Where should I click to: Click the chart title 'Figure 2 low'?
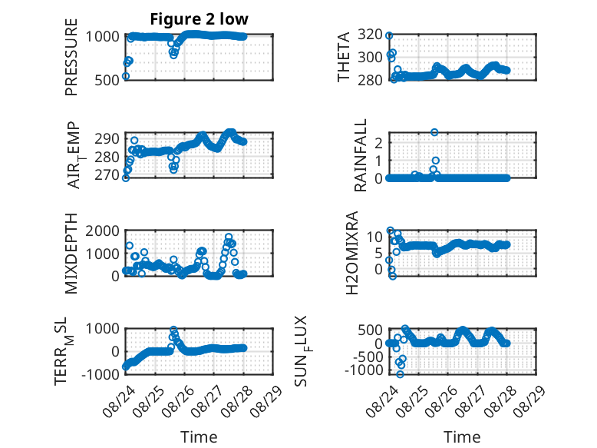click(x=199, y=19)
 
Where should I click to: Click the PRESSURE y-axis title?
click(x=71, y=57)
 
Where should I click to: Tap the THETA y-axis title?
click(x=344, y=57)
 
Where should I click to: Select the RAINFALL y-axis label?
click(x=360, y=154)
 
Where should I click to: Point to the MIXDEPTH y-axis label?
click(x=71, y=254)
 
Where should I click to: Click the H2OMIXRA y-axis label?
click(x=352, y=253)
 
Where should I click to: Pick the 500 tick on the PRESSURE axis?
click(x=107, y=80)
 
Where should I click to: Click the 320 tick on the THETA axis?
click(x=370, y=35)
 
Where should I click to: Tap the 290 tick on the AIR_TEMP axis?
click(x=107, y=138)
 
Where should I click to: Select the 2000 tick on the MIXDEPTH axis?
click(x=102, y=231)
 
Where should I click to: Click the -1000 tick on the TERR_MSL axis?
click(x=101, y=374)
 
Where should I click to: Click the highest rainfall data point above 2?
click(x=434, y=132)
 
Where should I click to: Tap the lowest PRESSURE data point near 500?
click(x=126, y=76)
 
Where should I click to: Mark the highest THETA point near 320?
click(x=389, y=35)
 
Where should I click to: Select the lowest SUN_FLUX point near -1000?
click(x=400, y=374)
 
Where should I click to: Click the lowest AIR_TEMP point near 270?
click(x=126, y=178)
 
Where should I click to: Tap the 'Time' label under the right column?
click(x=462, y=436)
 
